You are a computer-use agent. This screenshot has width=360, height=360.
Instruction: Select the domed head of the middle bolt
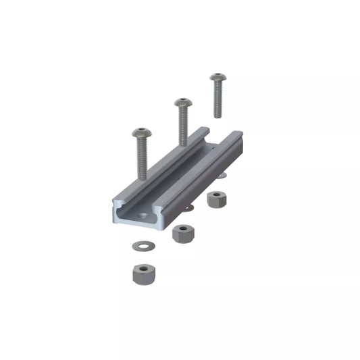181,103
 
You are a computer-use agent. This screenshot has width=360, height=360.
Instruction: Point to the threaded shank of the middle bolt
182,128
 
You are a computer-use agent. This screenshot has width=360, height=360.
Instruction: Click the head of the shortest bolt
216,78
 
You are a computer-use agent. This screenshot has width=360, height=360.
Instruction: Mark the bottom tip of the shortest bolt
217,115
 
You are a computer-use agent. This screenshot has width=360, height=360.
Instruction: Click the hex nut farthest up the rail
216,199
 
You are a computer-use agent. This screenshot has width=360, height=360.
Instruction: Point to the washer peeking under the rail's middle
190,208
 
